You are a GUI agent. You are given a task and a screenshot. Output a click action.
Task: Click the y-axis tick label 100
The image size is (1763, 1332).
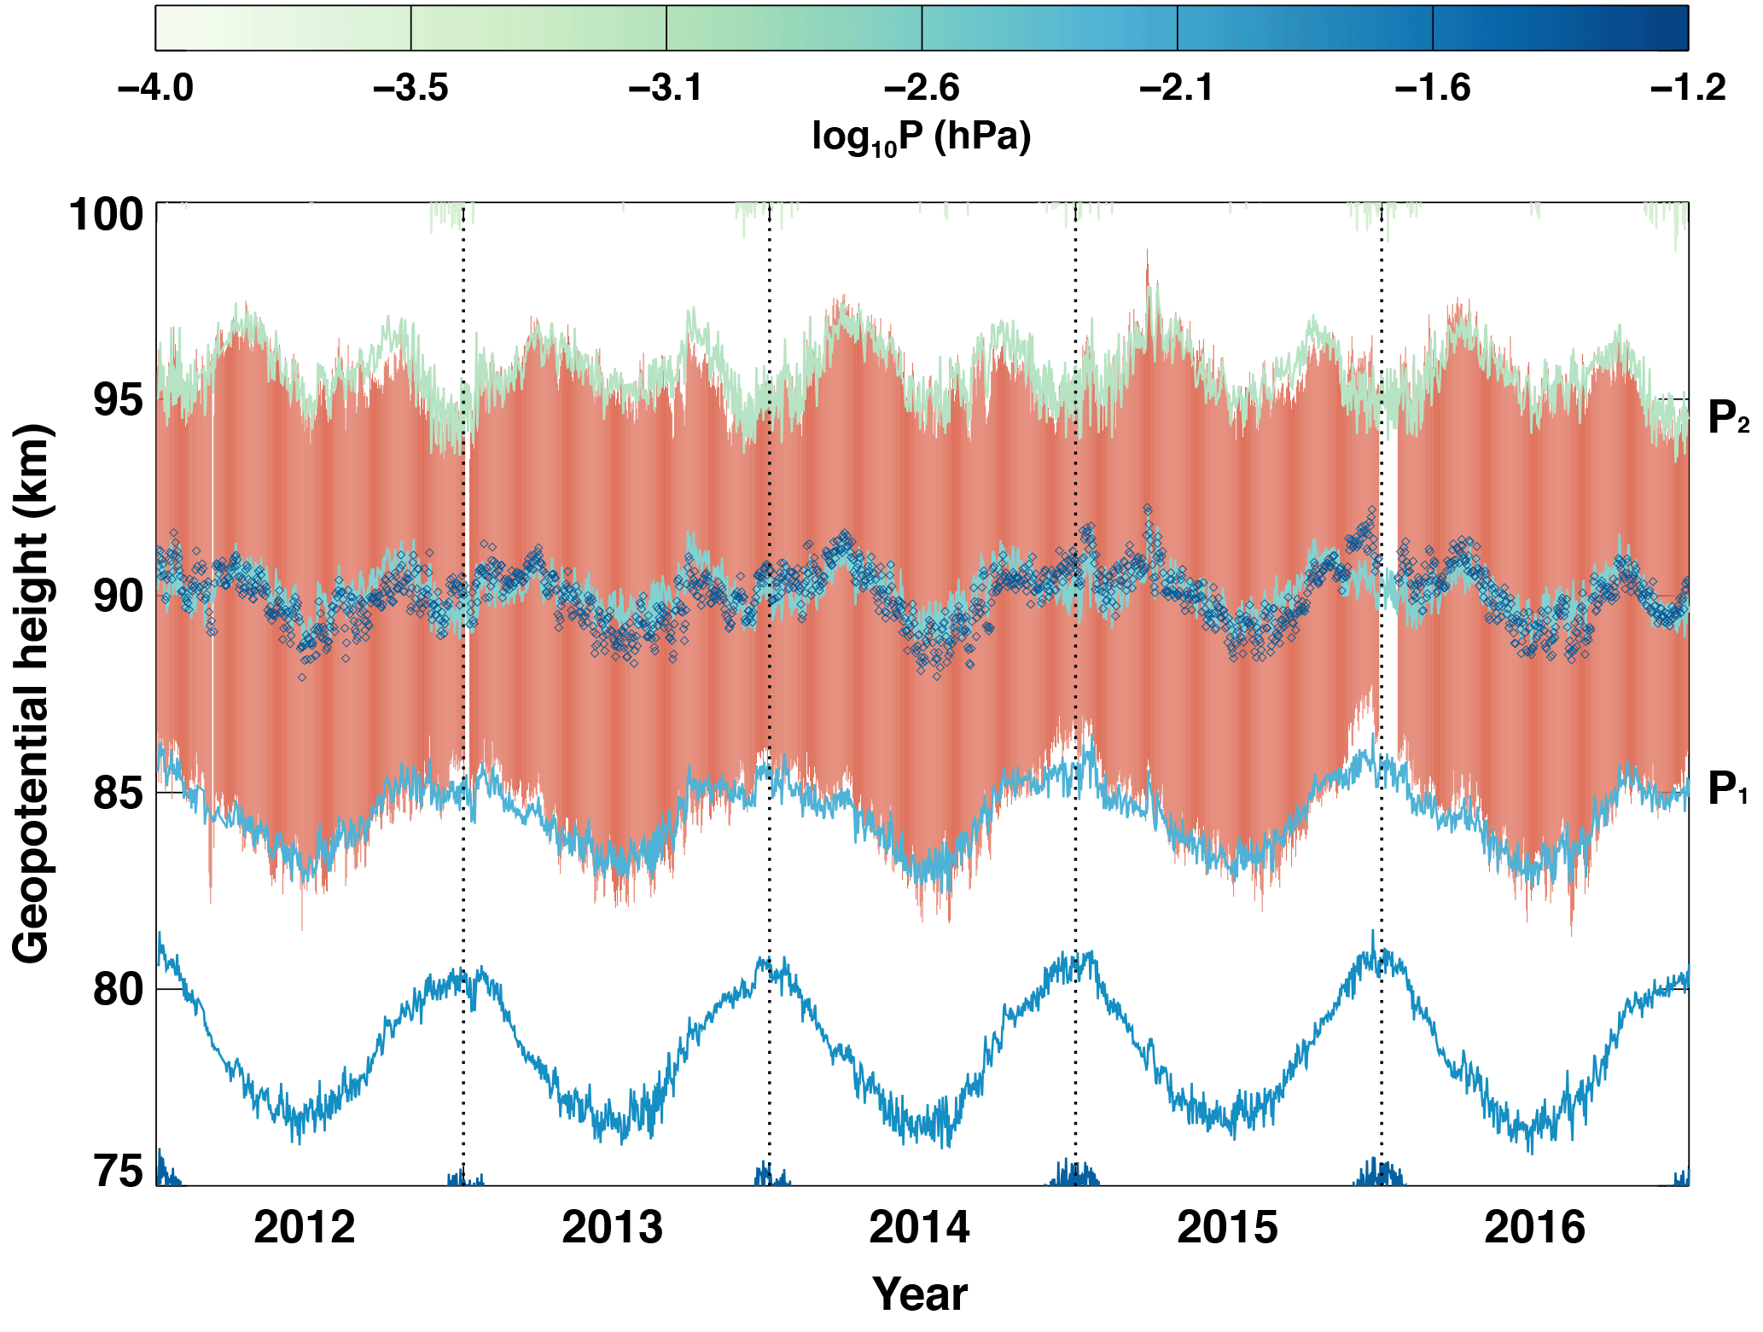pos(106,214)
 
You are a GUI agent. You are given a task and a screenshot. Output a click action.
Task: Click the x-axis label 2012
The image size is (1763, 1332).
pos(305,1228)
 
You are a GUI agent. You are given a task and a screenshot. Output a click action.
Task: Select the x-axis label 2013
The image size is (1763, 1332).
pos(612,1228)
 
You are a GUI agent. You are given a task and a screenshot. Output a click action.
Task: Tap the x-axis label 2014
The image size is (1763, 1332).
pos(919,1228)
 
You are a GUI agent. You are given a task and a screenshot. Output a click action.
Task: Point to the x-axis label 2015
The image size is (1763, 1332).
pos(1227,1228)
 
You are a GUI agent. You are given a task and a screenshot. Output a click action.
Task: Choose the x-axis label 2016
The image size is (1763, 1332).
pos(1534,1228)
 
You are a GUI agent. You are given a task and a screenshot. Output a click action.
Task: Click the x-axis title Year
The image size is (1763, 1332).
pos(920,1294)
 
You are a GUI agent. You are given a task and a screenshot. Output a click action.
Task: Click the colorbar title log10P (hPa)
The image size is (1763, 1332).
pos(922,137)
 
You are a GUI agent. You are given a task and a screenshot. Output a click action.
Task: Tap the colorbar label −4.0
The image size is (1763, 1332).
pos(156,88)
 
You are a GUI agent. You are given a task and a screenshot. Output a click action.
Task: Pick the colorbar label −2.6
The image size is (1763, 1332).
pos(922,88)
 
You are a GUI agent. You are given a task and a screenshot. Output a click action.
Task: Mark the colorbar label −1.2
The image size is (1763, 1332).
pos(1688,88)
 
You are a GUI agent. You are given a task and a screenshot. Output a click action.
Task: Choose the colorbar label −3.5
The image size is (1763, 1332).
pos(410,88)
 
